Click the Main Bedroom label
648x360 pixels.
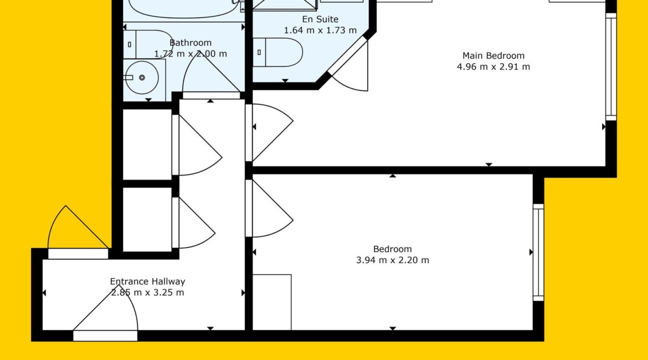coord(493,55)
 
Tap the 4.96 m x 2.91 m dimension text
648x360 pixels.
coord(493,66)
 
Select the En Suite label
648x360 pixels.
coord(320,19)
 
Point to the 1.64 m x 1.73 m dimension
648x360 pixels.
coord(320,30)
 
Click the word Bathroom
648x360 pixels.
coord(191,43)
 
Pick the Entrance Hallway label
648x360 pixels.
coord(147,281)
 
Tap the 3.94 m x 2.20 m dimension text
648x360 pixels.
coord(393,260)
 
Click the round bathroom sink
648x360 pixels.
coord(141,78)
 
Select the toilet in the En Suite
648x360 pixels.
coord(277,53)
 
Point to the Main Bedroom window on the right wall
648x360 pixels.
coord(611,67)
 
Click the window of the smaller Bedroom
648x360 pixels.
coord(538,252)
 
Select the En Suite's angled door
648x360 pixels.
coord(349,65)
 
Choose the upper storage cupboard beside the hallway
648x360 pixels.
coord(147,145)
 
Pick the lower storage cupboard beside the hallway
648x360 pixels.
coord(147,219)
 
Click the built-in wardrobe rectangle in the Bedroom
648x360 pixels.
coord(272,302)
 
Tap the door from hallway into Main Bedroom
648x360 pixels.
coord(269,132)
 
